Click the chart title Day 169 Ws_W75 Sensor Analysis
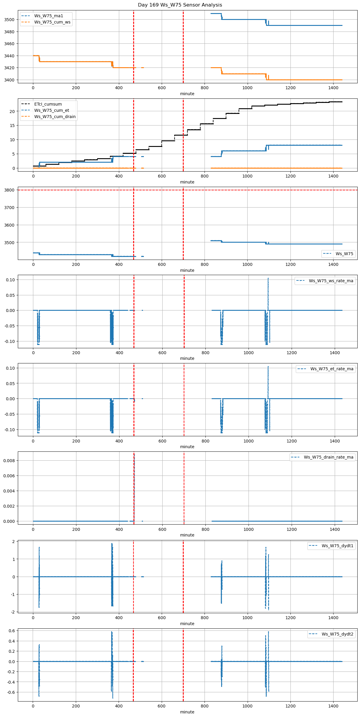180,5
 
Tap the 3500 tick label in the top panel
10,20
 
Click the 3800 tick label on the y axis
10,190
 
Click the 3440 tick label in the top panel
10,56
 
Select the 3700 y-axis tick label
10,208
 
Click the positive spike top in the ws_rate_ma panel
268,278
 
